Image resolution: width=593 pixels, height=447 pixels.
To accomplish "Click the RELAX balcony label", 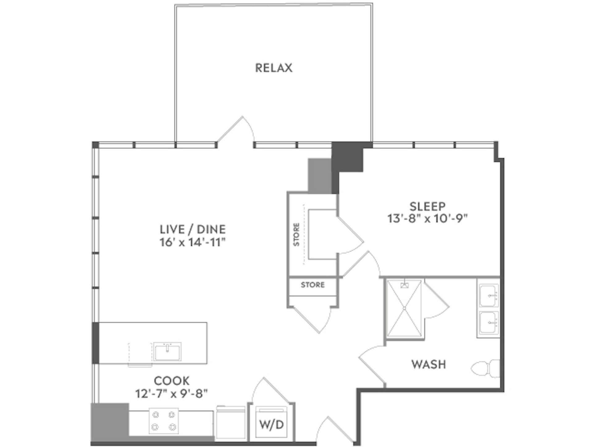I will coord(274,68).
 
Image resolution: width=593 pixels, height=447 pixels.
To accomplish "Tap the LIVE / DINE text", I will coord(193,229).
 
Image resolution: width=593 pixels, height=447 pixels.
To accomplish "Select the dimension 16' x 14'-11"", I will coord(193,242).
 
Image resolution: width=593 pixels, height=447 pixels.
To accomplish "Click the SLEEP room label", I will coord(427,206).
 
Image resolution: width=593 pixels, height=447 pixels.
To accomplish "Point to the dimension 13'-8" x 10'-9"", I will coord(427,219).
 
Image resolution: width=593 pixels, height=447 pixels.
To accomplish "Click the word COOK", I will coord(172,381).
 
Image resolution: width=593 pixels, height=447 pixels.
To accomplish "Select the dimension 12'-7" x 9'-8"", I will coord(172,394).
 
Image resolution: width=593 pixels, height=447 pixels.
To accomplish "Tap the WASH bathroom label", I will coord(429,365).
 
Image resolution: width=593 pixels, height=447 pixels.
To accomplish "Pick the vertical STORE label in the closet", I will coord(296,234).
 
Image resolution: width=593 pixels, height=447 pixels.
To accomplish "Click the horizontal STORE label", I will coord(313,285).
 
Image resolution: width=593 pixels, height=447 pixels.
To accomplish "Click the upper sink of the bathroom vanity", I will coord(488,295).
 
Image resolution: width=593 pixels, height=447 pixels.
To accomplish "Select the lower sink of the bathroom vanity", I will coord(488,322).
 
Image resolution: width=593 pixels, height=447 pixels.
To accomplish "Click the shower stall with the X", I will coord(404,308).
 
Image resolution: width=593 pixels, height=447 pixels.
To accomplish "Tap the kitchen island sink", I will coord(167,351).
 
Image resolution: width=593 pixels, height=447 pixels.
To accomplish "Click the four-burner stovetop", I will coord(164,421).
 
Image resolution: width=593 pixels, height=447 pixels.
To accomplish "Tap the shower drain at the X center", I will coord(404,308).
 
